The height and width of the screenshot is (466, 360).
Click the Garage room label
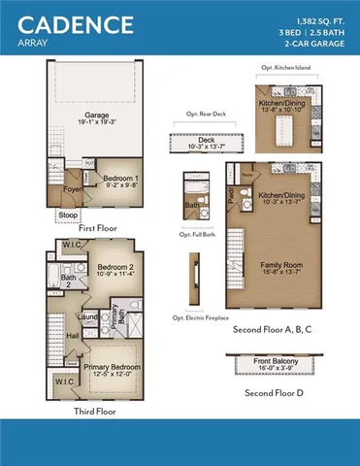(x=95, y=114)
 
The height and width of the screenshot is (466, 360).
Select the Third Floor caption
(x=95, y=411)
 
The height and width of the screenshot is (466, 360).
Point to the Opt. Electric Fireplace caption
(x=200, y=316)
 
